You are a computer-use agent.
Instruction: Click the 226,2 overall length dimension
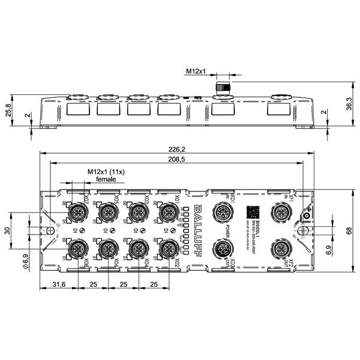(x=176, y=149)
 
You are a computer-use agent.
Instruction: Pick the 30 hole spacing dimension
(x=7, y=230)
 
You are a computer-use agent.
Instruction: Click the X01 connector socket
(x=167, y=212)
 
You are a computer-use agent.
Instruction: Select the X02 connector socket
(x=167, y=248)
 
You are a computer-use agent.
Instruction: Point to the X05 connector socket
(x=107, y=212)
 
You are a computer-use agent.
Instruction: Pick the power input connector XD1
(x=223, y=212)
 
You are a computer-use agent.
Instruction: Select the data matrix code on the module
(x=252, y=212)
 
